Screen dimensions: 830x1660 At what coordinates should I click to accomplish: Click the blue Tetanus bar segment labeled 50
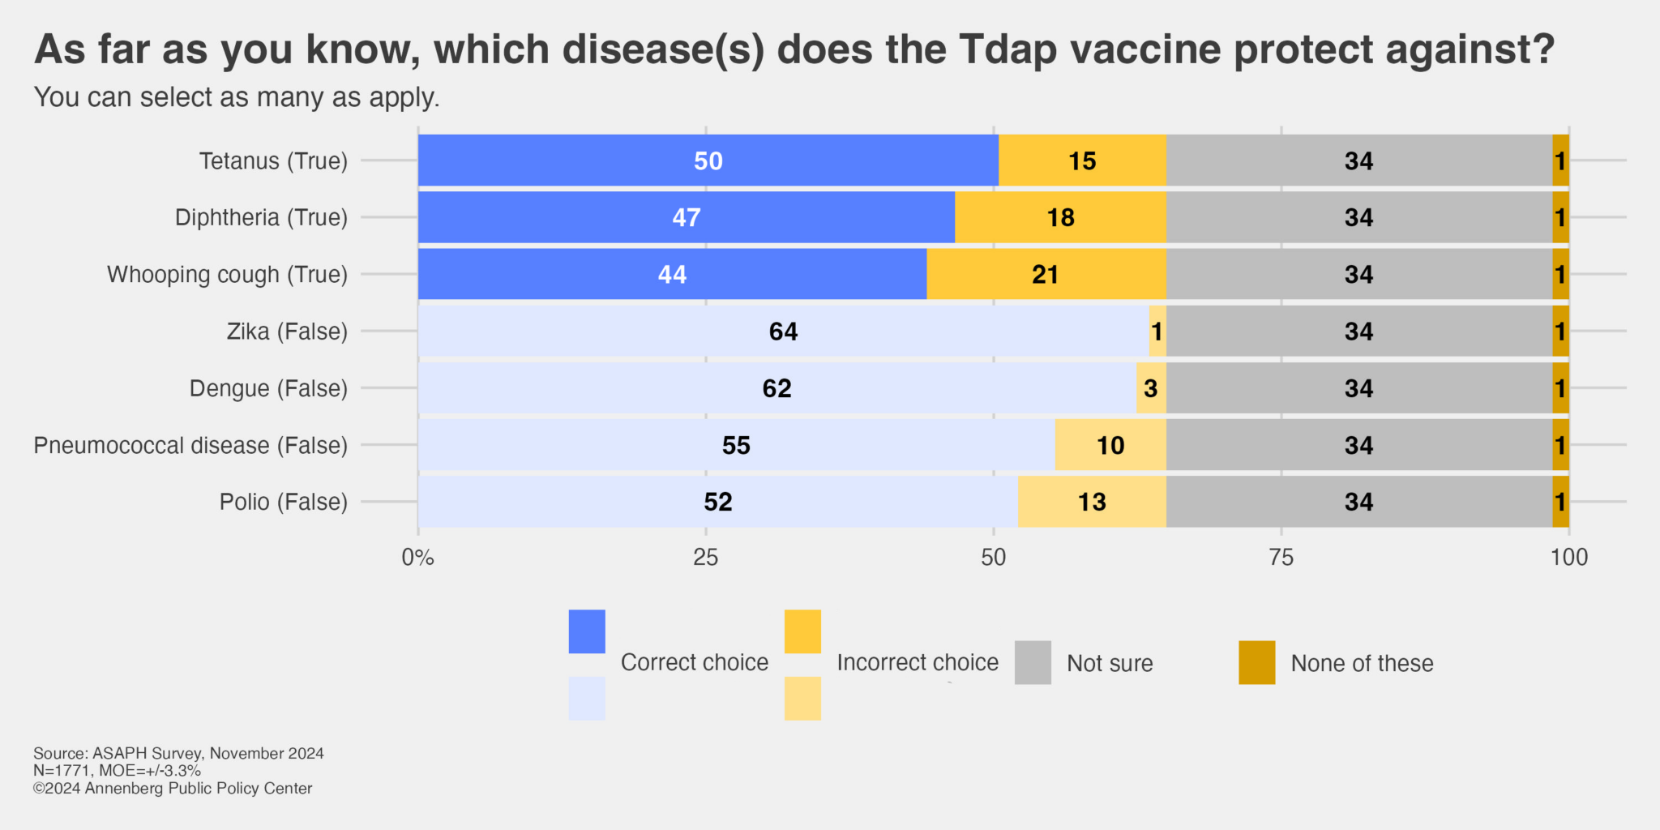(x=708, y=160)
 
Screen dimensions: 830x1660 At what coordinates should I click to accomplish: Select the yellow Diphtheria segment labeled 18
(x=1060, y=217)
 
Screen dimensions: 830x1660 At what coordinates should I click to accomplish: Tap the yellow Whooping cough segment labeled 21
(x=1046, y=274)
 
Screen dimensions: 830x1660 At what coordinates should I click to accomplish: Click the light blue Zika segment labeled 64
(x=783, y=331)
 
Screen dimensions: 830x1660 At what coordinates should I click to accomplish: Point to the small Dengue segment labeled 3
(x=1151, y=388)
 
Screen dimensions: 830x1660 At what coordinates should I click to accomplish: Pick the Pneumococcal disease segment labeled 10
(x=1110, y=445)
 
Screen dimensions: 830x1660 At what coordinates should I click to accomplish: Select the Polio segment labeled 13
(x=1092, y=502)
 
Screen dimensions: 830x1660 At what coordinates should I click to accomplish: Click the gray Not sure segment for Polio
(x=1358, y=502)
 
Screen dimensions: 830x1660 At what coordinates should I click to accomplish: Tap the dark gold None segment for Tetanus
(x=1560, y=160)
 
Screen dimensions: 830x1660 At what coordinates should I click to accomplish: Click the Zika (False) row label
(x=287, y=332)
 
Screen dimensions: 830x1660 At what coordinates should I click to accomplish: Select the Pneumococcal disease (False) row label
(x=190, y=445)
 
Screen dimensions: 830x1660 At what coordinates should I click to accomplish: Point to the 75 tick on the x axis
(x=1281, y=557)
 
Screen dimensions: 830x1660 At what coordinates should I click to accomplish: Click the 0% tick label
(x=417, y=558)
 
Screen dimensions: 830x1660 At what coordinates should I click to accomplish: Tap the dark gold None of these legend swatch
(x=1256, y=662)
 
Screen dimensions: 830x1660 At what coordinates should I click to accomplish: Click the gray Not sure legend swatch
(x=1033, y=662)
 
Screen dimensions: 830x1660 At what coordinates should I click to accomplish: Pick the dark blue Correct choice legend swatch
(x=587, y=631)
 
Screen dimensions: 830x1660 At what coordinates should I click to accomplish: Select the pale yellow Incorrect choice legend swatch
(x=802, y=699)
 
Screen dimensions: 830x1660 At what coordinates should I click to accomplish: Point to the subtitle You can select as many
(x=237, y=97)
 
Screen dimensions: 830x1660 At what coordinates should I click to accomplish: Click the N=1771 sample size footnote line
(x=117, y=771)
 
